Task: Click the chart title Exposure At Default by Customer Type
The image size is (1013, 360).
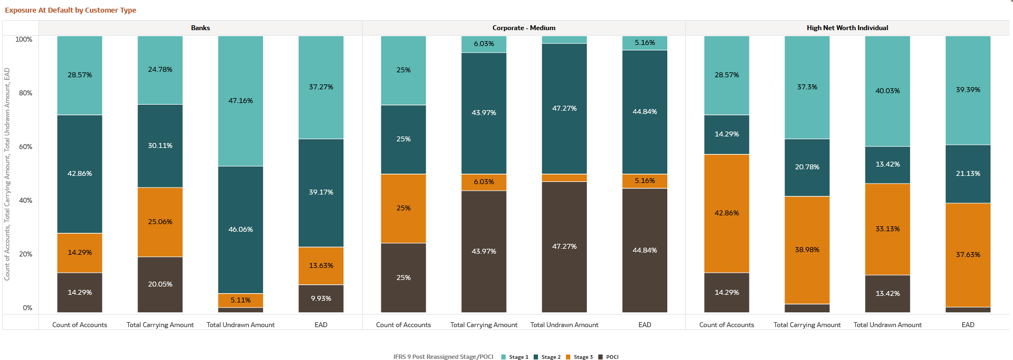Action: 70,10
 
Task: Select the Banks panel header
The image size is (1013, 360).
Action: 200,28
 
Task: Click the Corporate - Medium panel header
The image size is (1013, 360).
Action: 523,28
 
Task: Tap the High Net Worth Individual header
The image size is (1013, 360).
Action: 847,28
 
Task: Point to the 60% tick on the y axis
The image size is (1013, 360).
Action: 26,147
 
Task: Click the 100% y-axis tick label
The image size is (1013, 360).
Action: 24,39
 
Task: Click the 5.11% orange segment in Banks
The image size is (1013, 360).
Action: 241,300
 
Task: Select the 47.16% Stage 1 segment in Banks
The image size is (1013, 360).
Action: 241,101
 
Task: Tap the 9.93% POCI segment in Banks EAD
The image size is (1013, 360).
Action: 321,299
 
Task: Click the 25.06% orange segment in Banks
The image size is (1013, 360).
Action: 160,222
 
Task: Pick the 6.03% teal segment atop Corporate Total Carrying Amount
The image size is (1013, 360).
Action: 484,44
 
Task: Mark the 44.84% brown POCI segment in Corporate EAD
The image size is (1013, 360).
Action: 645,250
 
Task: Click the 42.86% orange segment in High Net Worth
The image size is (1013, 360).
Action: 726,213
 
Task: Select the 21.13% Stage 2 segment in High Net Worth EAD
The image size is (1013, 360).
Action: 968,174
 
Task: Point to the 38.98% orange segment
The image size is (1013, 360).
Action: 807,250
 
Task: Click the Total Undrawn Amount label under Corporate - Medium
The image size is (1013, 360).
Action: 564,325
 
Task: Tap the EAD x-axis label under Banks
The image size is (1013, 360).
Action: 321,325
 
